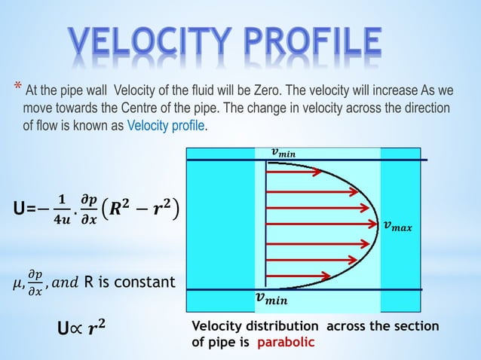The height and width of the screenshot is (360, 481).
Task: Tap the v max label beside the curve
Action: tap(397, 225)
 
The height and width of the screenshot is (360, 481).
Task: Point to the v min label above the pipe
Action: tap(284, 153)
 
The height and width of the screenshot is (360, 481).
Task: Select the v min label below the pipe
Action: tap(274, 300)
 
